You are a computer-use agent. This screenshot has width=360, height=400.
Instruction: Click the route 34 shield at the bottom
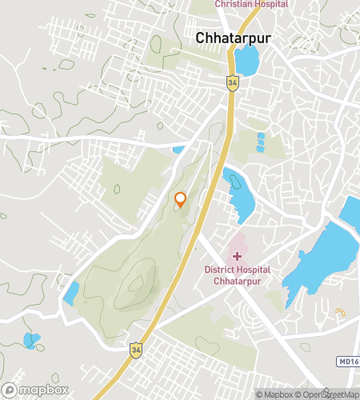click(136, 349)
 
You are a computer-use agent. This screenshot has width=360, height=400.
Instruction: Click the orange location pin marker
click(181, 200)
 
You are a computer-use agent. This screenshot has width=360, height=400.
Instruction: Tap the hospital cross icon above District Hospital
click(235, 255)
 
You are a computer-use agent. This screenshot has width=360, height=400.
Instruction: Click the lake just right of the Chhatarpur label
click(246, 58)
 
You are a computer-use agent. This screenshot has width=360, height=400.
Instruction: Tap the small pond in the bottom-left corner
click(31, 340)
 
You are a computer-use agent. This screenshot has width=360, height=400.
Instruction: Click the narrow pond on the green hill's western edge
click(70, 293)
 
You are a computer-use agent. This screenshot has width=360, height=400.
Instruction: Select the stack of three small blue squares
click(260, 142)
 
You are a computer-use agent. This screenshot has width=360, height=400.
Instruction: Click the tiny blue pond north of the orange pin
click(178, 149)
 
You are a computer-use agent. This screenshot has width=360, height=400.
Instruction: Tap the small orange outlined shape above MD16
click(340, 314)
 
